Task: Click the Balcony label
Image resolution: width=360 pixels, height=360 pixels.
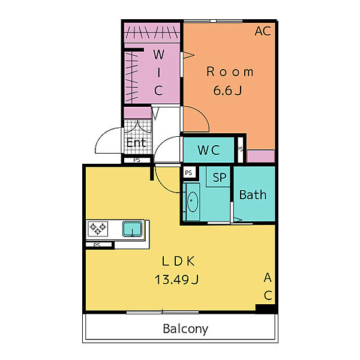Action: [185, 329]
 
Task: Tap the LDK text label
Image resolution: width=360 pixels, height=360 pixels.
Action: [178, 261]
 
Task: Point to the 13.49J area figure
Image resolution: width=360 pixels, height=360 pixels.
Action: [176, 280]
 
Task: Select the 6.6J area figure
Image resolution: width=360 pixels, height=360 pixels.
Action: [227, 90]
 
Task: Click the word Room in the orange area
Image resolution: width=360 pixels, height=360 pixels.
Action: [230, 71]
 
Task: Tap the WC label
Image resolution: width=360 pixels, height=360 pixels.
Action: [209, 150]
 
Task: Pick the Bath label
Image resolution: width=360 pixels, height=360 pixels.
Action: [253, 194]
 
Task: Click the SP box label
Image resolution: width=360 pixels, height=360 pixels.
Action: [219, 177]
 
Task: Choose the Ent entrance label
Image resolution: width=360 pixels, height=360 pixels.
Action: [136, 142]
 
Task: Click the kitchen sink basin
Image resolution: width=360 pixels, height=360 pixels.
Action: [132, 229]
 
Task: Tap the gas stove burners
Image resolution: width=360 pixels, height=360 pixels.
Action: [98, 229]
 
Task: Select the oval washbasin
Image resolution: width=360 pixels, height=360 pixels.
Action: [193, 202]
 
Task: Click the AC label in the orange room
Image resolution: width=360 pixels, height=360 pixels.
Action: [263, 31]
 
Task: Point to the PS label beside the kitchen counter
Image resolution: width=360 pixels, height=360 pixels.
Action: [97, 245]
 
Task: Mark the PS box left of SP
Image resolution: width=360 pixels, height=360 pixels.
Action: [189, 172]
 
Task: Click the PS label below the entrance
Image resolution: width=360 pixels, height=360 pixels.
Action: [137, 160]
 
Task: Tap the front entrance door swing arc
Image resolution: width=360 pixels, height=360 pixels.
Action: [103, 135]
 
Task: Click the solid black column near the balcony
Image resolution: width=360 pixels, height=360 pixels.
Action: [265, 309]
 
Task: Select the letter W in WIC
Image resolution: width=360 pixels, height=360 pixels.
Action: [159, 55]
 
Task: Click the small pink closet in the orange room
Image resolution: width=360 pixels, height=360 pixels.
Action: [261, 156]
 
